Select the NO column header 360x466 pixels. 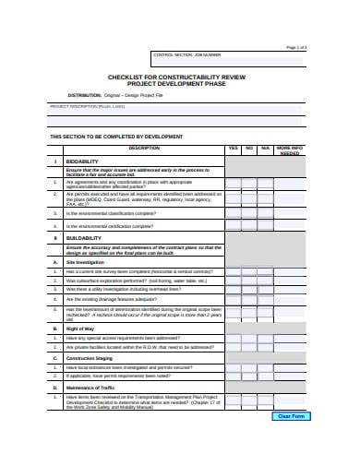pyautogui.click(x=248, y=148)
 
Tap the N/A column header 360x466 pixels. pyautogui.click(x=265, y=148)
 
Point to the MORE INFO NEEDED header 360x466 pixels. pyautogui.click(x=290, y=150)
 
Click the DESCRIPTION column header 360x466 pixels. pyautogui.click(x=144, y=148)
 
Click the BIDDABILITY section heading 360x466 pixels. pyautogui.click(x=83, y=161)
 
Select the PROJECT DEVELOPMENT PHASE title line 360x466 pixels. pyautogui.click(x=181, y=85)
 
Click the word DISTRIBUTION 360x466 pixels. pyautogui.click(x=84, y=96)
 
